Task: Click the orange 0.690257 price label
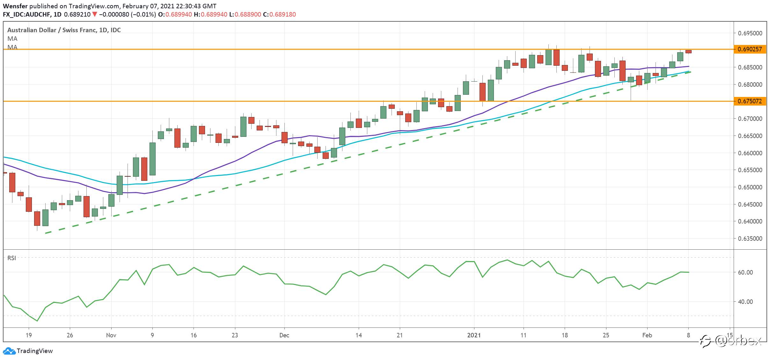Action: pos(750,49)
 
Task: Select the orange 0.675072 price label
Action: pos(750,101)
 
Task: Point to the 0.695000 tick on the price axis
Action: pos(750,33)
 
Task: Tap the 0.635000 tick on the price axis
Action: pos(750,239)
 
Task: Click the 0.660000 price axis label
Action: pos(750,153)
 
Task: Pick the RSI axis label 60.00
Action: pos(745,272)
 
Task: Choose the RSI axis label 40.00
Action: pos(745,302)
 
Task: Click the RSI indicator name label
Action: pos(11,258)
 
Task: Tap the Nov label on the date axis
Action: pos(111,335)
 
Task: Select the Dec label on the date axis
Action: pos(284,335)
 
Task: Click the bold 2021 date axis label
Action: pos(474,335)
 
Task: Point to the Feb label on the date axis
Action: pos(647,335)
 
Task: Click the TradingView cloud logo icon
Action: pos(9,351)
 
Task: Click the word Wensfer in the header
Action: pos(15,6)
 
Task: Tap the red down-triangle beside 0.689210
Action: pos(94,14)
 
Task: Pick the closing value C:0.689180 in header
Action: pos(279,14)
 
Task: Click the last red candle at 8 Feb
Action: pos(688,52)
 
